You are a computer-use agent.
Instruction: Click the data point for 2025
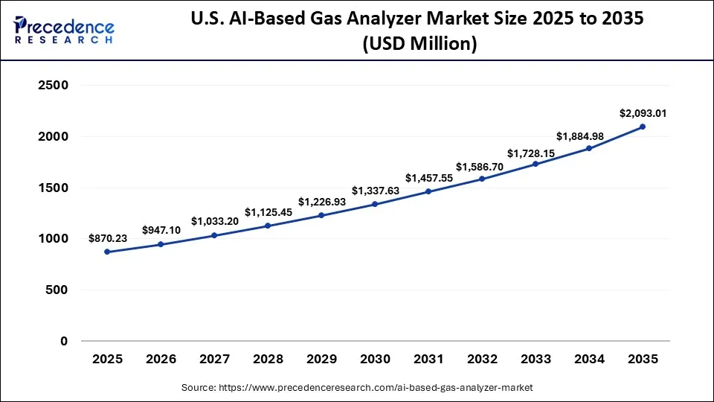(107, 252)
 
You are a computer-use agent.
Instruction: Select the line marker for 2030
(375, 204)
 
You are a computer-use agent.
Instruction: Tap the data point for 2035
(643, 127)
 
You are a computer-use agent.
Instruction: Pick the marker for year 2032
(482, 179)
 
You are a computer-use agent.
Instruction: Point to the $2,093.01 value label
(643, 113)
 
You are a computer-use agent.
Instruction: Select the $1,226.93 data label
(321, 202)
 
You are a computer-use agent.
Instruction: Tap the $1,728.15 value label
(535, 153)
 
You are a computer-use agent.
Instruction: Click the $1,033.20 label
(214, 221)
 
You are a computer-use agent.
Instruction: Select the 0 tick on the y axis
(63, 341)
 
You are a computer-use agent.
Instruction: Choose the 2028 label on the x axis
(268, 359)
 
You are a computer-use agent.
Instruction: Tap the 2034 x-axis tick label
(589, 359)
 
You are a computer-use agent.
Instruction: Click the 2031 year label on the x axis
(428, 359)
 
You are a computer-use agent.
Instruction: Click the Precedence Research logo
(64, 30)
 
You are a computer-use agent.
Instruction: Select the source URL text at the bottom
(357, 388)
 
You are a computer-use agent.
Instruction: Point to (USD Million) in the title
(419, 44)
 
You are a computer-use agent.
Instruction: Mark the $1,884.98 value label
(589, 135)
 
